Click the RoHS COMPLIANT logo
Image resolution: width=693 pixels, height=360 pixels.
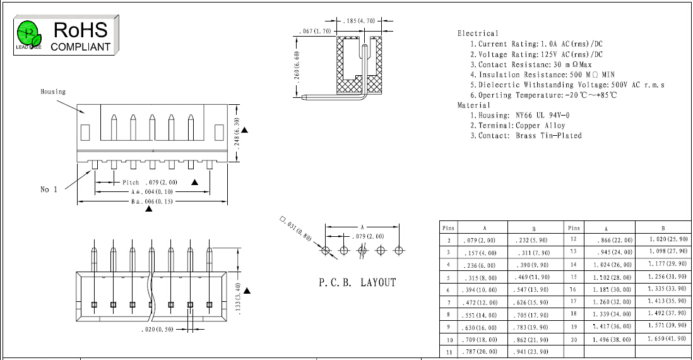(66, 35)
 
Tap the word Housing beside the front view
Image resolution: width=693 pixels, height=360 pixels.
(53, 92)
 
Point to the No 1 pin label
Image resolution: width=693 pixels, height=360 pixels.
(49, 189)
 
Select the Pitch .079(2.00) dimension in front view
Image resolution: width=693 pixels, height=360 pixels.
(150, 183)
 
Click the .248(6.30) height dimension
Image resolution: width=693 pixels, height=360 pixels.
(237, 132)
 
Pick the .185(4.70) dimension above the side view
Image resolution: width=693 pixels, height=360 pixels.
(359, 21)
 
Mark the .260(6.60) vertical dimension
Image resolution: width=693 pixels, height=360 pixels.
(297, 66)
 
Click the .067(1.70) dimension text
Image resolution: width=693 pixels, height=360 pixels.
(315, 32)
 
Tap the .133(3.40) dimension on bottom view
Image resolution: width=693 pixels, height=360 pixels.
(238, 298)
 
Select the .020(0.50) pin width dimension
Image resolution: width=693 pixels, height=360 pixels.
(157, 329)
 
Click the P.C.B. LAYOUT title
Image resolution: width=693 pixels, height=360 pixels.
(357, 282)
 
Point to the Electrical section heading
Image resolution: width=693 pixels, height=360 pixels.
(478, 33)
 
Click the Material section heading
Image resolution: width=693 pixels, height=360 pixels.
(474, 105)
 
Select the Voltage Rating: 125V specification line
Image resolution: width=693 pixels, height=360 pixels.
(536, 54)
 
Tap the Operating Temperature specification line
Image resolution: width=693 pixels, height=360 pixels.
(543, 95)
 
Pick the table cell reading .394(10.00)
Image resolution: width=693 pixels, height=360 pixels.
(480, 290)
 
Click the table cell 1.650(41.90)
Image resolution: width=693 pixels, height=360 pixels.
(668, 339)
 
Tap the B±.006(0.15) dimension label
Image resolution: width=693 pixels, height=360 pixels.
(151, 201)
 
